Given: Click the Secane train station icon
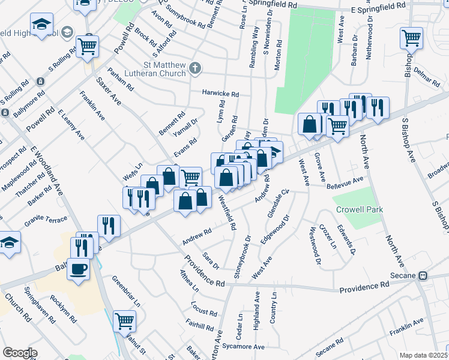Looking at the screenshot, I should [423, 275].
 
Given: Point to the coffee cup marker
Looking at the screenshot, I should [79, 268].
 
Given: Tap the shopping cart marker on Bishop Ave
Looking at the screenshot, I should [411, 38].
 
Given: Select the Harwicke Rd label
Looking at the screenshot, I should [220, 94].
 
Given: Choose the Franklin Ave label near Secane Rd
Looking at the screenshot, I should [406, 325].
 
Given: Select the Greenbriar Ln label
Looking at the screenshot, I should [125, 291].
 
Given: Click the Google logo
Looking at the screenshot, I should [20, 353].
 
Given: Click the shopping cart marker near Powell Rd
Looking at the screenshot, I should [88, 45].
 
